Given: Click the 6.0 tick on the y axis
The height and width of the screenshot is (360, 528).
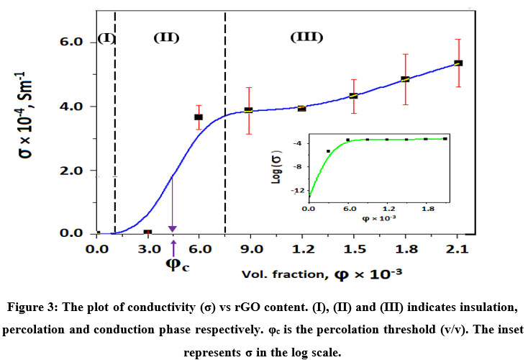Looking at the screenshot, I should click(78, 42).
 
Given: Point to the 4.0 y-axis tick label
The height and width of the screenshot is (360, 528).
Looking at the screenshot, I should click(78, 107).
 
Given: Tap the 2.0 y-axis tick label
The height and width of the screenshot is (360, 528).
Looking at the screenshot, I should click(78, 171).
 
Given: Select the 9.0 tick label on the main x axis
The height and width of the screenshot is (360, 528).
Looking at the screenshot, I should click(249, 250).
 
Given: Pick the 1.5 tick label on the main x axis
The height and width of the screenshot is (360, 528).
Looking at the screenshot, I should click(353, 250).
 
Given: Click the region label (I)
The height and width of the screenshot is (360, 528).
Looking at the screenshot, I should click(106, 37).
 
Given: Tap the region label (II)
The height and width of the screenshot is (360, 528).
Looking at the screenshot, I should click(166, 37).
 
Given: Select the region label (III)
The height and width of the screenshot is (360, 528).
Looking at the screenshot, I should click(306, 37).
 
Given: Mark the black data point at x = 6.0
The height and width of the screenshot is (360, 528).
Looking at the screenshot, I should click(199, 117).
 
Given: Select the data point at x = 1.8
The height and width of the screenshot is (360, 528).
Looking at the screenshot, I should click(406, 79).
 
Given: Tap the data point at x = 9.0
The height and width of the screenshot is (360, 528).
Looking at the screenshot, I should click(249, 110).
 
